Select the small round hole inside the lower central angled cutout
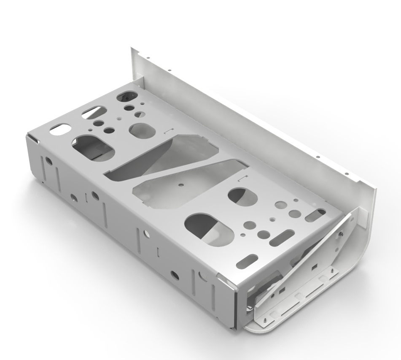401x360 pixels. pyautogui.click(x=180, y=184)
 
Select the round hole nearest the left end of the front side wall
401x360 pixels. pyautogui.click(x=49, y=161)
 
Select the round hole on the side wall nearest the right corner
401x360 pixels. pyautogui.click(x=174, y=274)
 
